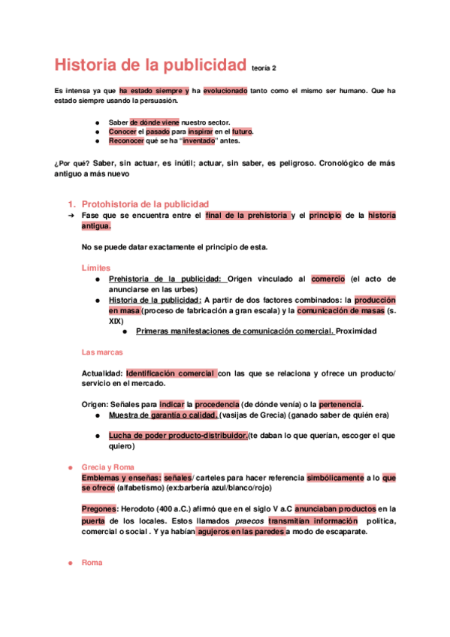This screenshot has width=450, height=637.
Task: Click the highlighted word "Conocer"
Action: pyautogui.click(x=122, y=131)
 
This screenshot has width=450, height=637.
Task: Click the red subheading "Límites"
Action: pyautogui.click(x=95, y=267)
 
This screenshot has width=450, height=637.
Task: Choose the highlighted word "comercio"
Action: pyautogui.click(x=327, y=279)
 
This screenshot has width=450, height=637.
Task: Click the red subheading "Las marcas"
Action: pyautogui.click(x=101, y=352)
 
